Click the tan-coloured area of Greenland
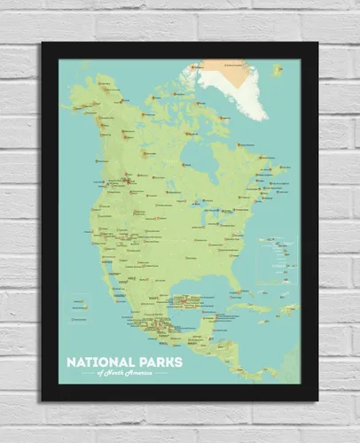(x=213, y=66)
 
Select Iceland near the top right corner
(x=278, y=67)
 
